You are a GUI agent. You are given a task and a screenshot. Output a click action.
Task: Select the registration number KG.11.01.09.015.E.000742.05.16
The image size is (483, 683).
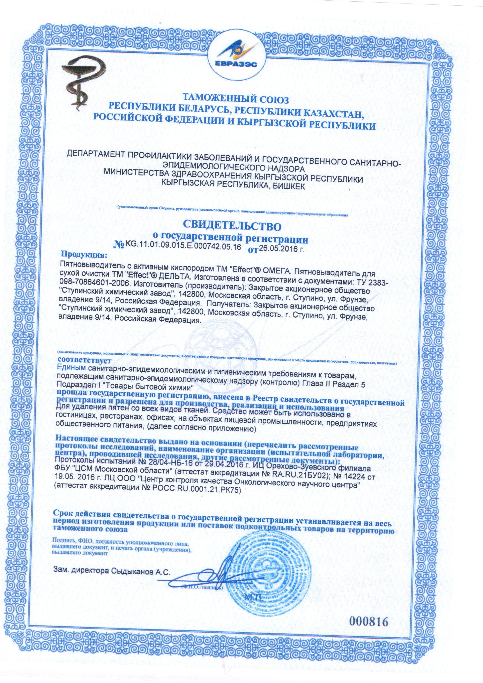(x=183, y=246)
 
